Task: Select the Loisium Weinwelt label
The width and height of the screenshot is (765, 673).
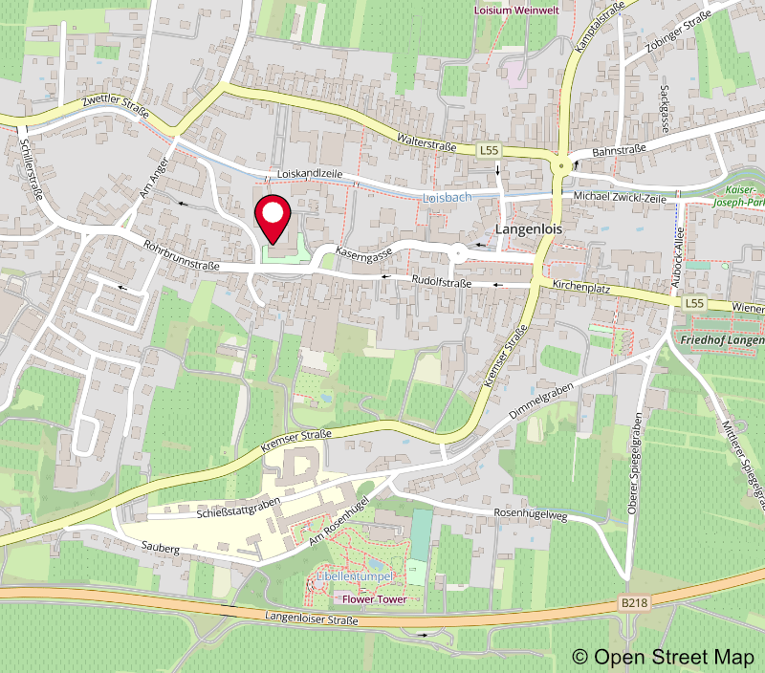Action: (x=517, y=10)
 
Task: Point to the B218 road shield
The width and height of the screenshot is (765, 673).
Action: (x=634, y=603)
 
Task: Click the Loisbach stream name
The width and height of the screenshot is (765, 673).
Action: (x=447, y=196)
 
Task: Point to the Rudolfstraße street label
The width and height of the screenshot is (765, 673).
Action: (x=441, y=282)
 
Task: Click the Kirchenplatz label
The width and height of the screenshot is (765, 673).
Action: (x=582, y=287)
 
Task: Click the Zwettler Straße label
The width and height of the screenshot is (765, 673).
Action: (x=116, y=113)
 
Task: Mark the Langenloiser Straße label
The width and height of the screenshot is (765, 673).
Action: (x=313, y=620)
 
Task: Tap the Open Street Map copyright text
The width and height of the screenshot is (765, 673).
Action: (x=665, y=657)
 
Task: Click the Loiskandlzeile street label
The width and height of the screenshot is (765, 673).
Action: (x=309, y=174)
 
